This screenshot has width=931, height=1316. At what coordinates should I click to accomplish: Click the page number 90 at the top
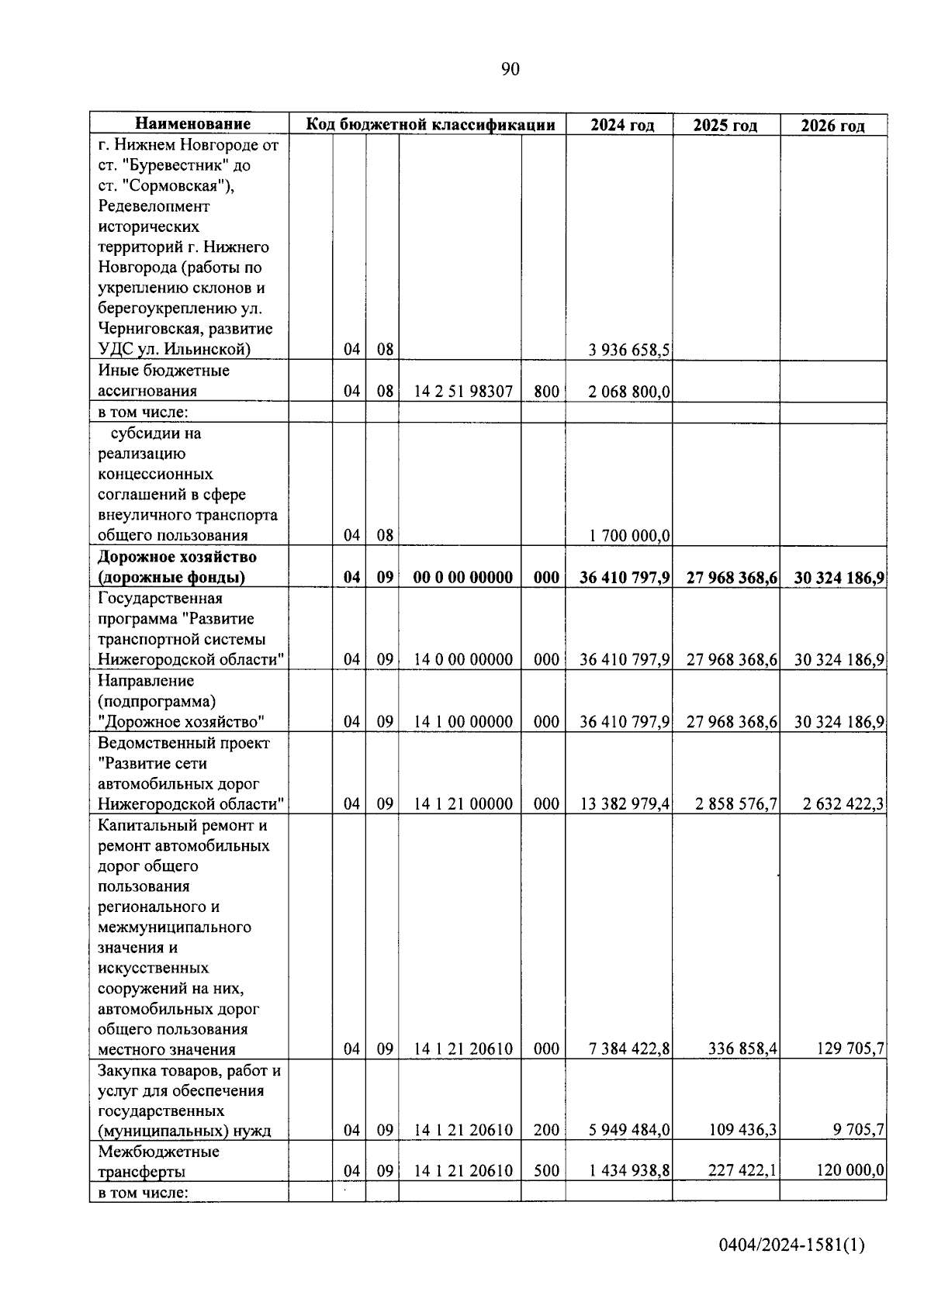510,70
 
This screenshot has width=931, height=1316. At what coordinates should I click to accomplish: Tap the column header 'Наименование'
193,124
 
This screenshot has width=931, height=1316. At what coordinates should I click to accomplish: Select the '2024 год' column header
621,125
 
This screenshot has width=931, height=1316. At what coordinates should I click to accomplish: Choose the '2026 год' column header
832,125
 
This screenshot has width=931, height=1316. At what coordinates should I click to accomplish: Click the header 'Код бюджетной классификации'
431,124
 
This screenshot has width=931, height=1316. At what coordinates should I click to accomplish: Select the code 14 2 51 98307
463,392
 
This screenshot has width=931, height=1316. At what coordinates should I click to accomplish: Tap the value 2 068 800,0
629,392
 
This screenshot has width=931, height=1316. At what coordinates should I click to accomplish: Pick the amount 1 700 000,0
629,535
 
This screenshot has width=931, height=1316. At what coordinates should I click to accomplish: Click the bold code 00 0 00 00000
463,577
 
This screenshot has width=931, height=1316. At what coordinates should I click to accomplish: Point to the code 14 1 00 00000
463,722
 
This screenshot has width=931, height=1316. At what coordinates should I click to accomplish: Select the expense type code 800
546,392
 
